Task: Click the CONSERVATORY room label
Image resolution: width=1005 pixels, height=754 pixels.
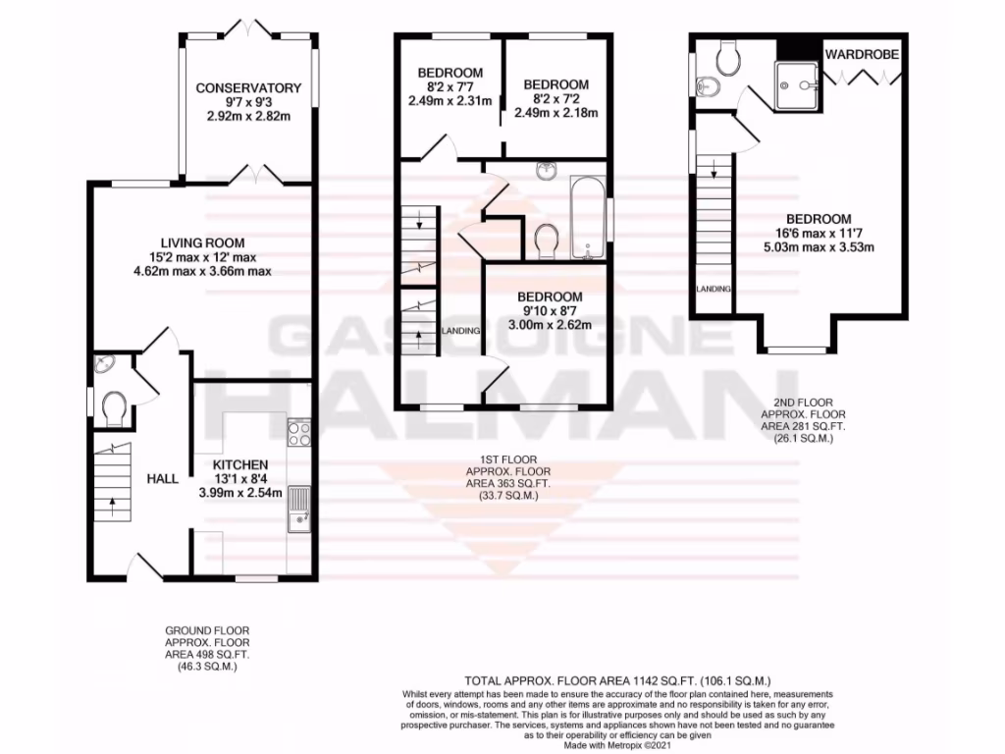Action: point(247,88)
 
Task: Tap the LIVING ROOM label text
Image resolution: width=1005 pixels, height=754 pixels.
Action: point(203,242)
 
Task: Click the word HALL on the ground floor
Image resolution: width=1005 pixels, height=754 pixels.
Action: point(162,478)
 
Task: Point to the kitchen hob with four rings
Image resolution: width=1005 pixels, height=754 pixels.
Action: point(298,433)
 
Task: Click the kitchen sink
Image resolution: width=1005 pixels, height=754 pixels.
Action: point(297,509)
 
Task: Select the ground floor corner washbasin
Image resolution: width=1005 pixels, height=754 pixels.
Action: point(103,366)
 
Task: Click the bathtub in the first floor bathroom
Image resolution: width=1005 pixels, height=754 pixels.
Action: point(589,219)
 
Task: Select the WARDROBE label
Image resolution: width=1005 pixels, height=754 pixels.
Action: point(862,53)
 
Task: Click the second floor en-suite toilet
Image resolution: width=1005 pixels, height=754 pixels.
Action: point(728,60)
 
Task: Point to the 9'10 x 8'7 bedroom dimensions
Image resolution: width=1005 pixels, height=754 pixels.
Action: point(549,311)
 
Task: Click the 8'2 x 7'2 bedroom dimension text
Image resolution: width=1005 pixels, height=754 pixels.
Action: point(555,99)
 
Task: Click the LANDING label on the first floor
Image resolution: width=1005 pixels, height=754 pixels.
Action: point(461,331)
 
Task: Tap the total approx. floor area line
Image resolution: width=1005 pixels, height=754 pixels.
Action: point(618,680)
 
